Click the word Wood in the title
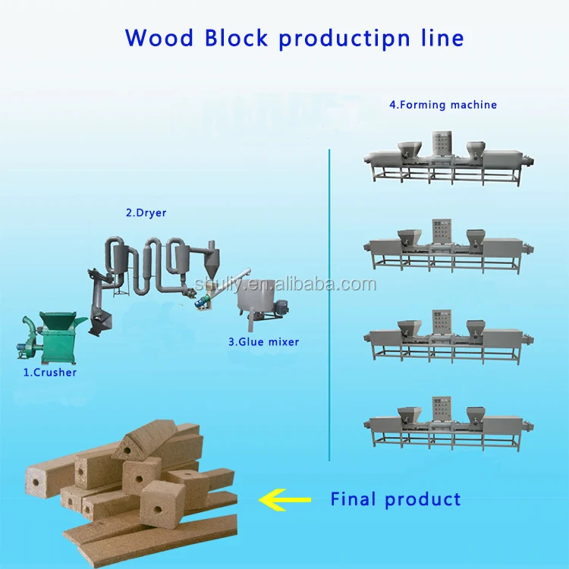tap(159, 37)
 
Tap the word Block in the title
tap(236, 37)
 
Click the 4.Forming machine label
tap(443, 105)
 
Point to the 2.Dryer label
tap(146, 212)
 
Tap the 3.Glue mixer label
tap(264, 342)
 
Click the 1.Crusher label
tap(50, 373)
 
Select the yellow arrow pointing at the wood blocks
tap(284, 500)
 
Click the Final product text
tap(395, 499)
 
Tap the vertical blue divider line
tap(329, 305)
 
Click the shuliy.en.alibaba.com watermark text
tap(285, 284)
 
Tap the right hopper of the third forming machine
tap(476, 328)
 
